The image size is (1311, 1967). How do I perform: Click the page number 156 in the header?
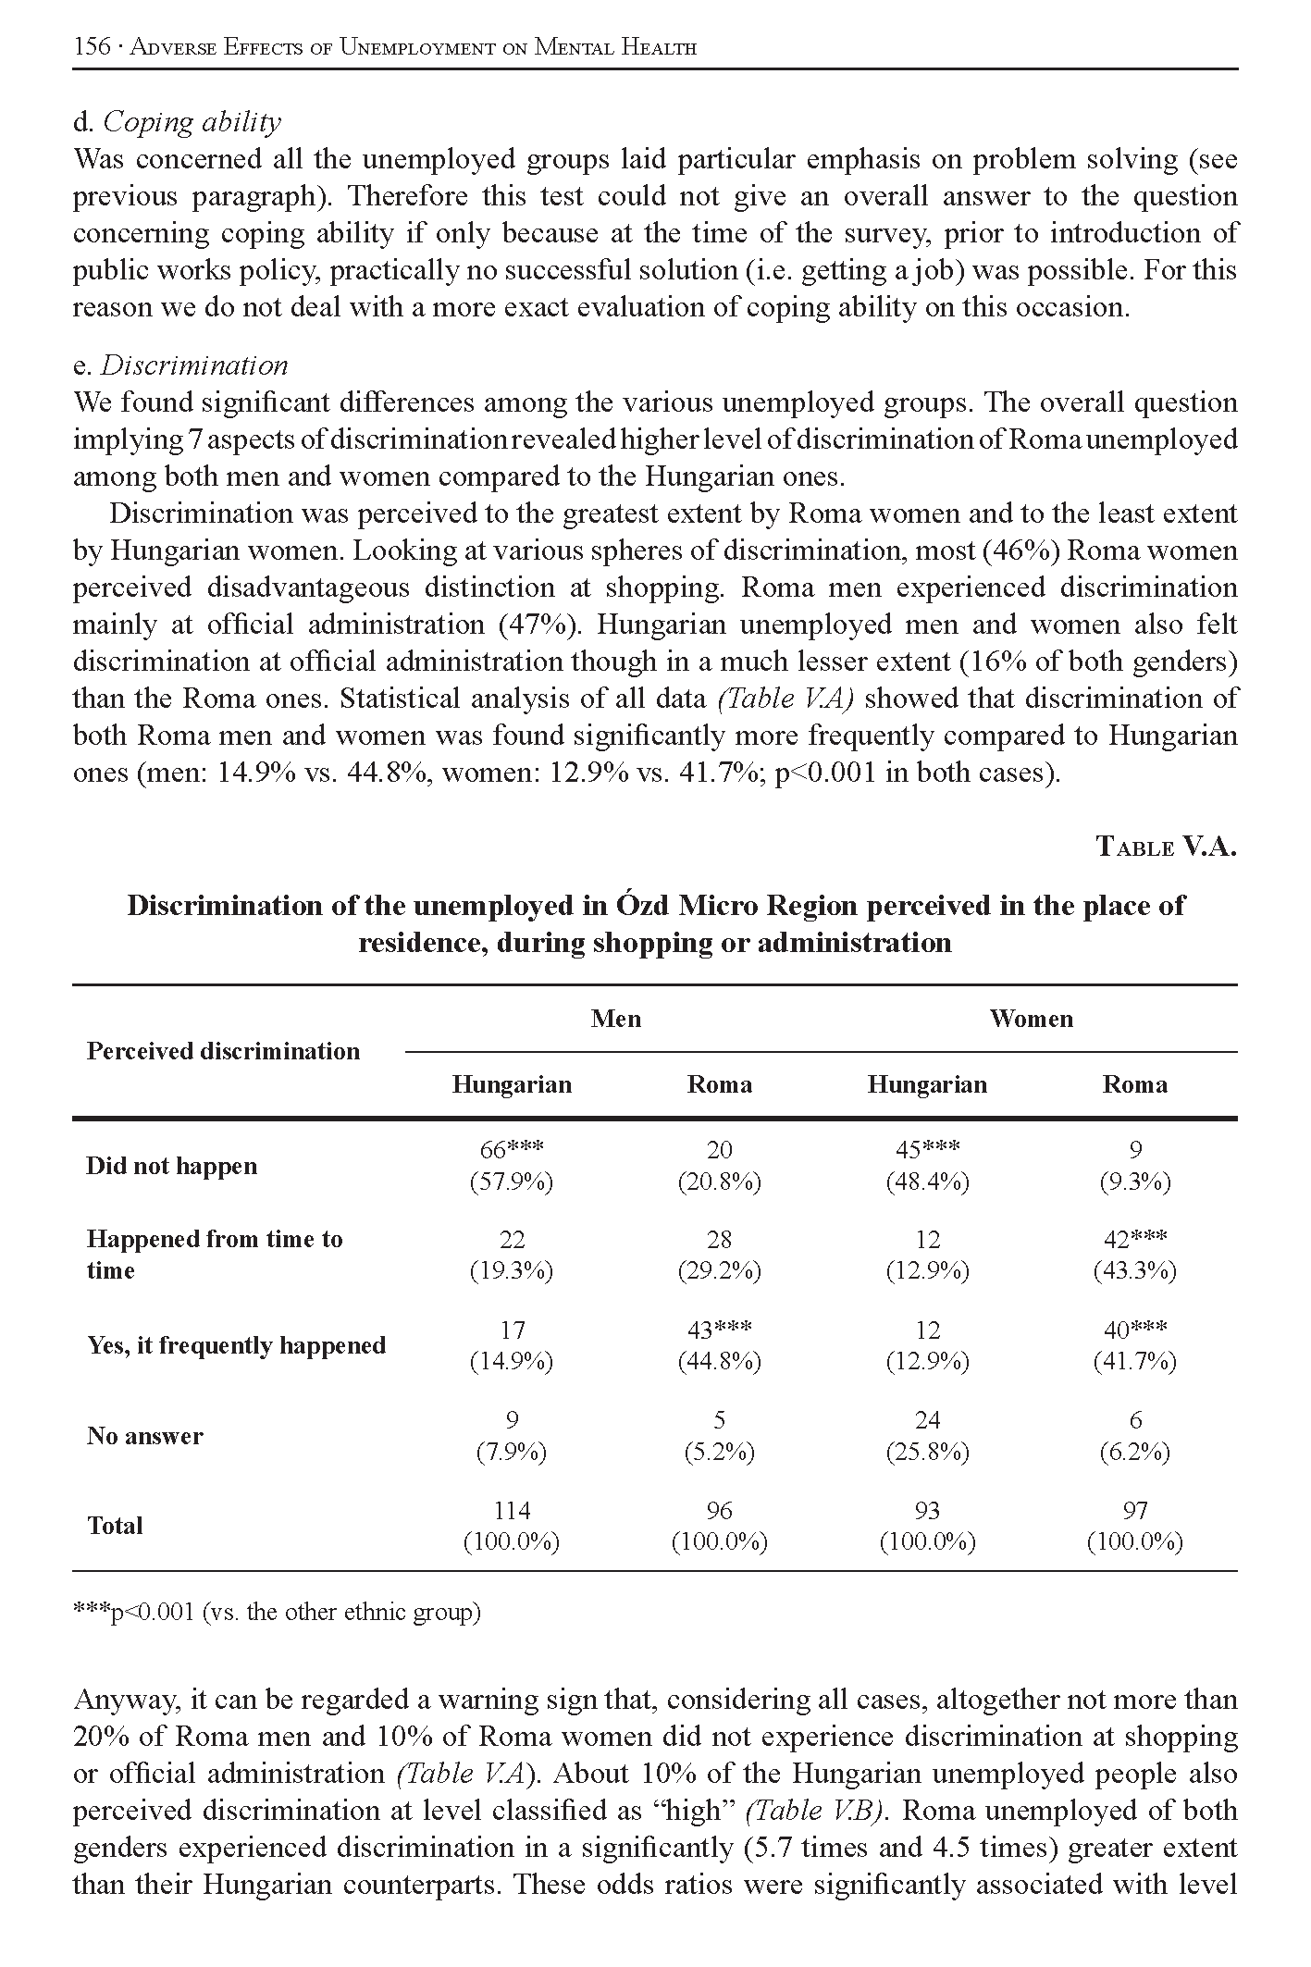tap(92, 46)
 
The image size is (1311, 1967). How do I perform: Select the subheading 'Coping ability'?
tap(191, 122)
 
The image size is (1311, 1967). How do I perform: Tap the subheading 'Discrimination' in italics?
tap(194, 365)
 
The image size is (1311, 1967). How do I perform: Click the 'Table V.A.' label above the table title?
tap(1166, 847)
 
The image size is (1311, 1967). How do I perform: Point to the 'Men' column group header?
tap(616, 1019)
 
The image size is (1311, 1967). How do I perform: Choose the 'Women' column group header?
tap(1031, 1019)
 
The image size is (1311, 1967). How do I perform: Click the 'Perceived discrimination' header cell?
tap(223, 1051)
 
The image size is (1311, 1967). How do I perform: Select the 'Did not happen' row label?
tap(171, 1166)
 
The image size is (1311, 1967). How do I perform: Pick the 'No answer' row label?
tap(145, 1436)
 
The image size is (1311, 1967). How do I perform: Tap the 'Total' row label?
tap(115, 1526)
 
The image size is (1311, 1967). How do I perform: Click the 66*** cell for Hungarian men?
tap(512, 1149)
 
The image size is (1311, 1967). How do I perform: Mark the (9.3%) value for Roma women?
tap(1134, 1181)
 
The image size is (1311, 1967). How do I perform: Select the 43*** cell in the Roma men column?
tap(719, 1330)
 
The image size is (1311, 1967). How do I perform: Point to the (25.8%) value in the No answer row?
tap(927, 1453)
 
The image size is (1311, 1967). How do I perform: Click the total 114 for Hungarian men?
tap(512, 1510)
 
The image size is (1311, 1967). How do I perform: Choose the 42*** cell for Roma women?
tap(1134, 1239)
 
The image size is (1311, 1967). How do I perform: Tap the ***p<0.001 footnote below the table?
tap(277, 1613)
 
